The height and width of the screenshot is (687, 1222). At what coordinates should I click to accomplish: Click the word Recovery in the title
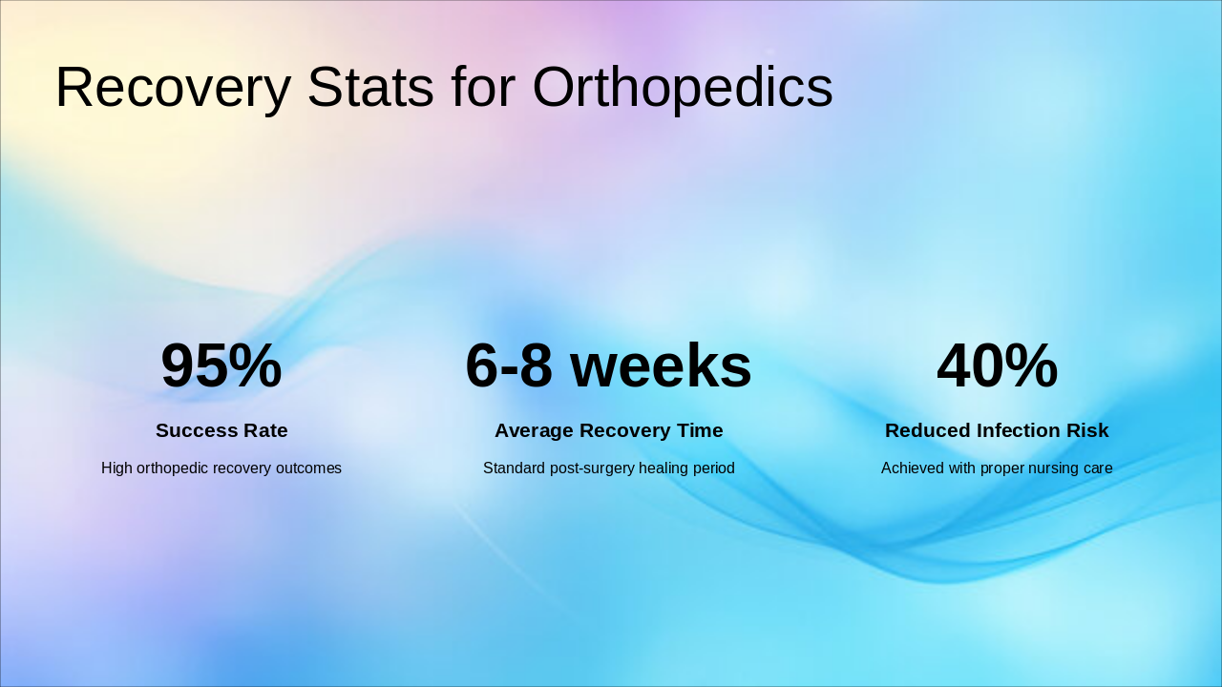click(x=173, y=88)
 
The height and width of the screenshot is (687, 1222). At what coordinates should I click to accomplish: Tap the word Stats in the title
click(x=370, y=88)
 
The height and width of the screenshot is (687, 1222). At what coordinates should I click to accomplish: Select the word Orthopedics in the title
click(x=682, y=88)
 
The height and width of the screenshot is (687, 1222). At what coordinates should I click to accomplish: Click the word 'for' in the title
click(x=483, y=88)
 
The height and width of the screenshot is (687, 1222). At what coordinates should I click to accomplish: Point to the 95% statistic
click(x=221, y=365)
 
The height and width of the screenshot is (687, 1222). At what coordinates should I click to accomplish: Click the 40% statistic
click(x=997, y=365)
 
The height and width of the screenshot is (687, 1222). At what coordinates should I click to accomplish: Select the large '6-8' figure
click(x=508, y=365)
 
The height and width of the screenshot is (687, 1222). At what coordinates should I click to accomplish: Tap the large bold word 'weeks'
click(x=661, y=365)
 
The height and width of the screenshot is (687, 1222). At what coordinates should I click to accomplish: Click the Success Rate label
click(x=221, y=430)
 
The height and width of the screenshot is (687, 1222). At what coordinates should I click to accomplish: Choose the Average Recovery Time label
click(x=608, y=430)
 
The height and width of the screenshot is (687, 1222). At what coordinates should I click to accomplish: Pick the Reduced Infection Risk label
click(x=997, y=430)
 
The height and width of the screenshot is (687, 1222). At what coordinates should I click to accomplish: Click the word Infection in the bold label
click(x=1017, y=430)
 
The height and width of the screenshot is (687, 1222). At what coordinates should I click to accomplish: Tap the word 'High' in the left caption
click(x=116, y=468)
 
